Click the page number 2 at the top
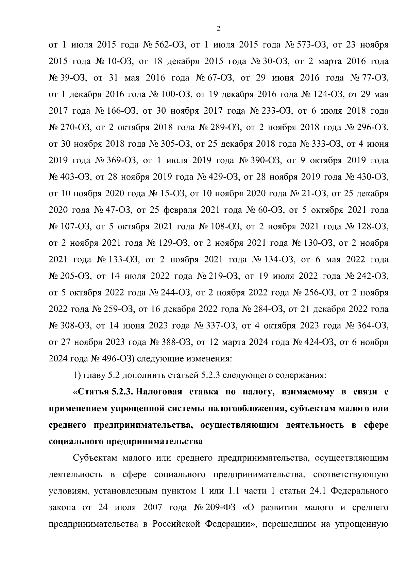[218, 29]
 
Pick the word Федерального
[359, 491]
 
